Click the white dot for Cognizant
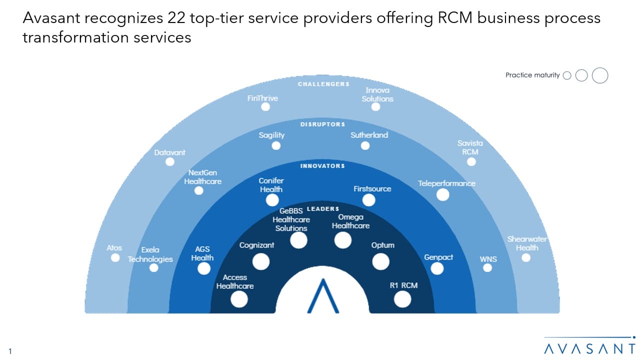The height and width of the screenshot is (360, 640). [x=260, y=261]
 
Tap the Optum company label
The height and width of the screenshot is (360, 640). [x=382, y=245]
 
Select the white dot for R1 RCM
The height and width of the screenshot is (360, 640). [x=402, y=299]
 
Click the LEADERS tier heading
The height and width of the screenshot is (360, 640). [x=322, y=208]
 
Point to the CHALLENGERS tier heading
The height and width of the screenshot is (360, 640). [x=323, y=84]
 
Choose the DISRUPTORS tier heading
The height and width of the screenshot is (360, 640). [x=322, y=124]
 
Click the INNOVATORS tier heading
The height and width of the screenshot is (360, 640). [x=322, y=165]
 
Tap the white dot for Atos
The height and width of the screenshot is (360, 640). [x=115, y=257]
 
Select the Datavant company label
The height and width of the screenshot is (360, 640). [x=170, y=152]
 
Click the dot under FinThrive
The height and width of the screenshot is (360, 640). [x=265, y=107]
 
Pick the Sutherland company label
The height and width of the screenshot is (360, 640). [x=369, y=135]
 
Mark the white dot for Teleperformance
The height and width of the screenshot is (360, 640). [x=442, y=195]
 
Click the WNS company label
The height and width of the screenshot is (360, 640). [x=488, y=259]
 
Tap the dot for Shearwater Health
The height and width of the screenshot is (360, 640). [x=525, y=257]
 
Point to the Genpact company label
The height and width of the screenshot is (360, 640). [x=438, y=257]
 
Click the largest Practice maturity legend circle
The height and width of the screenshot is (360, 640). [x=600, y=75]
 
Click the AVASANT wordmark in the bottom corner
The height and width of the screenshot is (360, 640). [x=589, y=348]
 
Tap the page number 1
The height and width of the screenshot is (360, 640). [x=10, y=351]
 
